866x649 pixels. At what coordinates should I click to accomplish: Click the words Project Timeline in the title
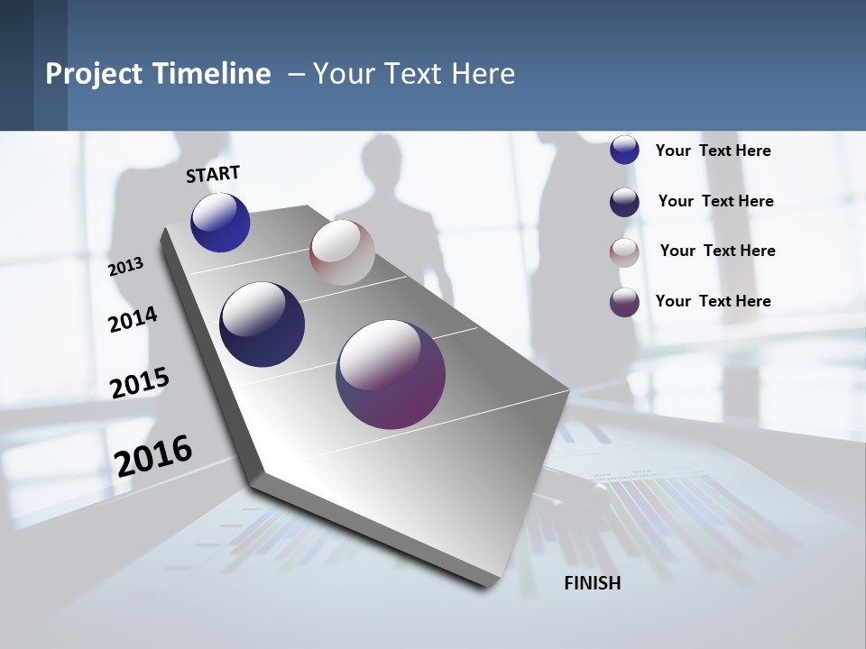pos(158,74)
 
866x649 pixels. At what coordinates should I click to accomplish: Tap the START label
pos(213,174)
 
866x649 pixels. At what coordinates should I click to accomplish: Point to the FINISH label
pos(593,583)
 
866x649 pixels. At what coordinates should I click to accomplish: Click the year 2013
pos(125,267)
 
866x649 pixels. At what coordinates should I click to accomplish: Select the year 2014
pos(133,319)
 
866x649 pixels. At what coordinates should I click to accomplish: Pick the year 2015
pos(139,382)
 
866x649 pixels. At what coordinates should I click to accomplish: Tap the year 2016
pos(153,455)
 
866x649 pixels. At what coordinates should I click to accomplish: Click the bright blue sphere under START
pos(220,223)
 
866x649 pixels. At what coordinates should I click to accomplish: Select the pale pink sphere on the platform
pos(342,252)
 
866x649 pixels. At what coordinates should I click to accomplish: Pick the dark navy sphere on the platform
pos(263,324)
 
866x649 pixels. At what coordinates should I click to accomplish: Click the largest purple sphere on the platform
pos(391,374)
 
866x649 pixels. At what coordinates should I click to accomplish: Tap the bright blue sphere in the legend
pos(624,150)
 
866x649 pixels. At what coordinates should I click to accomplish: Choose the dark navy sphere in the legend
pos(624,202)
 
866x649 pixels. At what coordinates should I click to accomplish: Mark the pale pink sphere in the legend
pos(624,252)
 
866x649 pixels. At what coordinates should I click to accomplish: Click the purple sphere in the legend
pos(624,302)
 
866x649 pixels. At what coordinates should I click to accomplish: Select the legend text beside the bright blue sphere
pos(714,151)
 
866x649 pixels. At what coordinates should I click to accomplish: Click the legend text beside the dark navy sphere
pos(716,201)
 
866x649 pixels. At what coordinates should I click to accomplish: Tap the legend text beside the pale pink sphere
pos(718,251)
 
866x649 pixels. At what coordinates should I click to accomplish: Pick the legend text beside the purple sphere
pos(714,301)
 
